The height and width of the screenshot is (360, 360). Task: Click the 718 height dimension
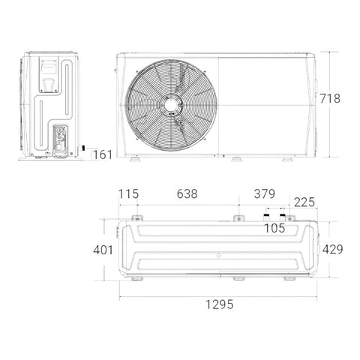(330, 98)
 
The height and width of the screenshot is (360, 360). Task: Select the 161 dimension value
(103, 154)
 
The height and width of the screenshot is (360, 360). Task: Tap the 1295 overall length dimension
(219, 304)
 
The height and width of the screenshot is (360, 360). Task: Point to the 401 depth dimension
(103, 250)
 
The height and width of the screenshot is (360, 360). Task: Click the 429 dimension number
(332, 249)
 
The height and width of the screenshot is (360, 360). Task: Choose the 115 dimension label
(128, 194)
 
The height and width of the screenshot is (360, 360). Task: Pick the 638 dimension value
(187, 194)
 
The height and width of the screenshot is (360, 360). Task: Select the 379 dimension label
(265, 194)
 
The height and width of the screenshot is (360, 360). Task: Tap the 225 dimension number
(304, 202)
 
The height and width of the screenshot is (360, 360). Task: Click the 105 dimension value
(274, 228)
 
